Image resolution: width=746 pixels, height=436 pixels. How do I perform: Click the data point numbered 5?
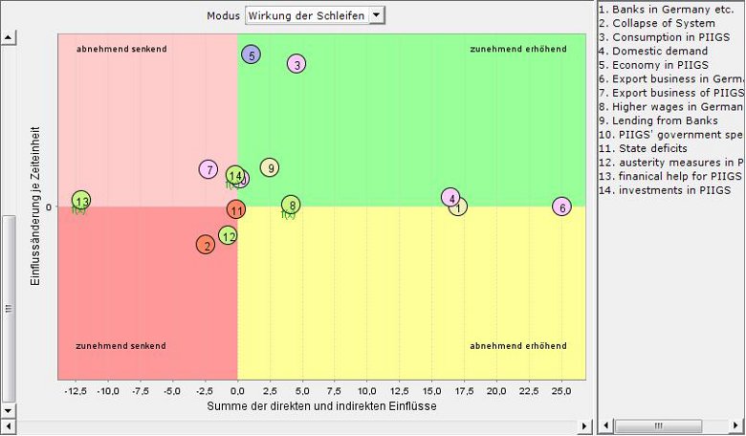[x=252, y=54]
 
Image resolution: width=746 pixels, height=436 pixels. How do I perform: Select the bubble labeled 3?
[x=296, y=64]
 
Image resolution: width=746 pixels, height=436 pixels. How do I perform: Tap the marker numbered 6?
[x=562, y=207]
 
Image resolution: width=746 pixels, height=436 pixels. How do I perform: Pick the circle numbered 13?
[x=81, y=201]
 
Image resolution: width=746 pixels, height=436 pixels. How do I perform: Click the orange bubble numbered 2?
[x=206, y=246]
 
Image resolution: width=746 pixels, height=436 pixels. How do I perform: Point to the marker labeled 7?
[x=208, y=169]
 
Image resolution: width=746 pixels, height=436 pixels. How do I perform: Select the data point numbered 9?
[x=270, y=168]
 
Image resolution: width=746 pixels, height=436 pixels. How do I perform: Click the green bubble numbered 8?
[x=292, y=205]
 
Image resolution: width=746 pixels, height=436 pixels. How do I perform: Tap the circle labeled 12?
[x=228, y=235]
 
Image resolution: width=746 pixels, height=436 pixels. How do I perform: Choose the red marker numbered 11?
[x=237, y=210]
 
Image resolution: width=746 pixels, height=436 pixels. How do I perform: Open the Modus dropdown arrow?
[x=376, y=15]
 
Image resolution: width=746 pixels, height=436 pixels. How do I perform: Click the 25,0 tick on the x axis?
[x=562, y=390]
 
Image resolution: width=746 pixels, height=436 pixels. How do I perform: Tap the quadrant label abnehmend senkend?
[x=121, y=48]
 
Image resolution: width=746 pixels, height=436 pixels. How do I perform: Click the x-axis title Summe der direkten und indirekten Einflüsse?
[x=321, y=406]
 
